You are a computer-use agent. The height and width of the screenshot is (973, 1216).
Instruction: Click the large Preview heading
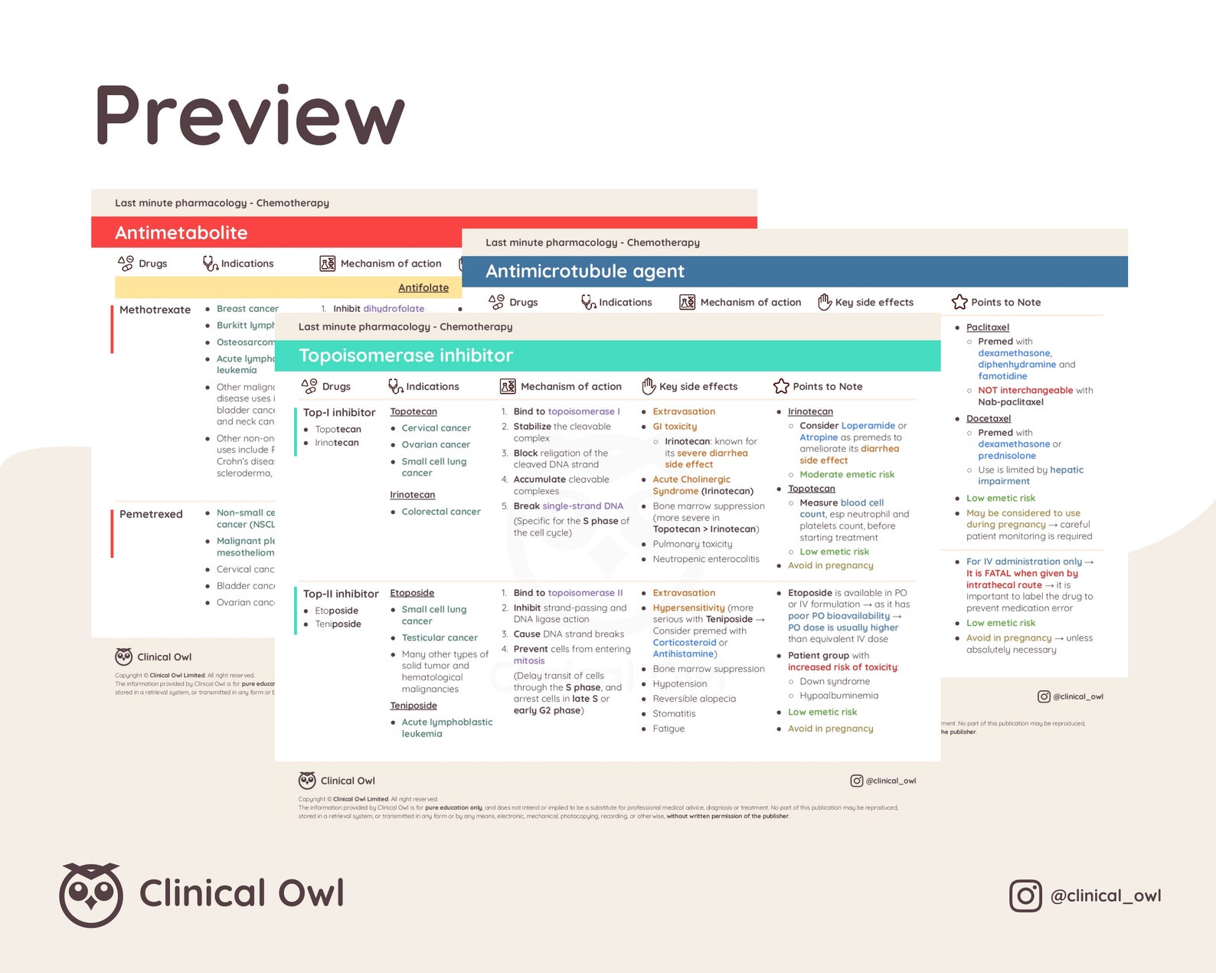click(249, 116)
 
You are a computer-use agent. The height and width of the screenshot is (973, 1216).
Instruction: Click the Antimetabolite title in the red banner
click(181, 233)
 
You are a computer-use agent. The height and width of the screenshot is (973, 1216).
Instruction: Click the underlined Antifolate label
click(423, 287)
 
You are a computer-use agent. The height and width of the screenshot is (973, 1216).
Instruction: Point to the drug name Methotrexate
click(155, 310)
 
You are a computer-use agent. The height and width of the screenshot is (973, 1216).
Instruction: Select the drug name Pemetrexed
click(151, 514)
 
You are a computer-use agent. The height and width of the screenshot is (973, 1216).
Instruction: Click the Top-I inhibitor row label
click(339, 412)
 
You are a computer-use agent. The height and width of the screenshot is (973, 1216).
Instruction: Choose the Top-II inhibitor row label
click(341, 594)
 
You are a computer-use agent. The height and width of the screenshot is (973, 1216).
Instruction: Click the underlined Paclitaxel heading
click(987, 327)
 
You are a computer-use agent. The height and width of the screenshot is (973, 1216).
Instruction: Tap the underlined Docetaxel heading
click(988, 418)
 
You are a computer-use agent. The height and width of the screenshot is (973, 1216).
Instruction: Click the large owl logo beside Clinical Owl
click(91, 894)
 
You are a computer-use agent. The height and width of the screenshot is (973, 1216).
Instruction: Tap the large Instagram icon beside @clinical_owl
click(1025, 896)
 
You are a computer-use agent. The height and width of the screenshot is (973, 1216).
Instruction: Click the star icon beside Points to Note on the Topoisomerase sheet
click(781, 386)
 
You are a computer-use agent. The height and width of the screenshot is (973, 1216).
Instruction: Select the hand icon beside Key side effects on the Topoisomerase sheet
click(649, 386)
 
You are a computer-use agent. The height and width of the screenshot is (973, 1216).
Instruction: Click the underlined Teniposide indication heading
click(414, 706)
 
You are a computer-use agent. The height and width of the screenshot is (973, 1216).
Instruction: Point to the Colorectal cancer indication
click(441, 512)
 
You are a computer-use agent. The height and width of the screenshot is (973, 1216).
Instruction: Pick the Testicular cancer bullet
click(440, 637)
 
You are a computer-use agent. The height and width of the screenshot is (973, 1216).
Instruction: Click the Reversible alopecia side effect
click(694, 699)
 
